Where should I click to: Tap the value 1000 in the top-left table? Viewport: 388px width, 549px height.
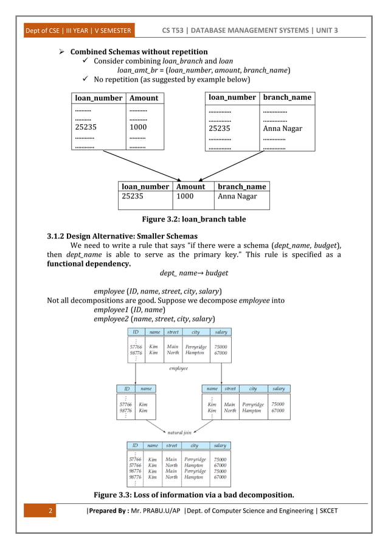[138, 128]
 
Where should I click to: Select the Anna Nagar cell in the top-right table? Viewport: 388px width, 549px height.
[282, 128]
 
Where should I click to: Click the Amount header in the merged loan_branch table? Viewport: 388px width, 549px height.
[190, 187]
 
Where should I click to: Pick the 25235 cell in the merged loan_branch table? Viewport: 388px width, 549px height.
[133, 197]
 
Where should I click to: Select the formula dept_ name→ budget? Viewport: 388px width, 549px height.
[193, 274]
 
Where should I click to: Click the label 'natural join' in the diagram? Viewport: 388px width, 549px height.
[180, 432]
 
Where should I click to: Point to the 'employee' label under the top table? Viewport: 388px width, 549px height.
[178, 368]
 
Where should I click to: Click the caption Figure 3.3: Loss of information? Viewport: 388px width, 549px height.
[193, 494]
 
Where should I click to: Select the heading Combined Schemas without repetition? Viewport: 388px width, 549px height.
[139, 52]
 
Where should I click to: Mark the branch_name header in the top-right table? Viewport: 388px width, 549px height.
[286, 97]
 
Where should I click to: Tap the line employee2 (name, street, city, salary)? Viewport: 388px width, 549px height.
[154, 319]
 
